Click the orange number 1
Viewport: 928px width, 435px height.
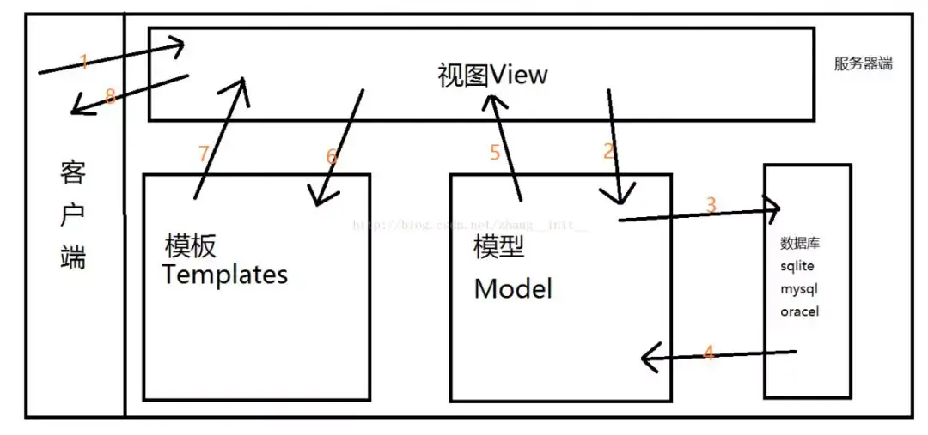(84, 61)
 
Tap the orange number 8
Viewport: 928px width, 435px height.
(110, 97)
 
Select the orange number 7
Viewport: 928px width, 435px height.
(204, 154)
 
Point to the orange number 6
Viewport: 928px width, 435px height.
(333, 157)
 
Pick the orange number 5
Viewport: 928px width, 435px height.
(495, 153)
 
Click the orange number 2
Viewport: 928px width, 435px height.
(609, 152)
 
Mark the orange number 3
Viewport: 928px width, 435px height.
(711, 205)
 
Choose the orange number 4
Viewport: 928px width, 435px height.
(709, 352)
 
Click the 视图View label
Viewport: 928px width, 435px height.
(492, 76)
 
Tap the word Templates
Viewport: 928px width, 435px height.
(225, 275)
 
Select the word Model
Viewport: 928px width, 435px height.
(513, 289)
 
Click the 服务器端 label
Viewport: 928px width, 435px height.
(863, 63)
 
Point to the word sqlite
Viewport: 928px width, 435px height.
(797, 266)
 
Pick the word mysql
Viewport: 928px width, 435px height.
(798, 289)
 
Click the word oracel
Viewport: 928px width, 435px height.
(799, 311)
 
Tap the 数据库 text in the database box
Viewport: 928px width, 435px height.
(800, 245)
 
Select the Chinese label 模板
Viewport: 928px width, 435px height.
(191, 247)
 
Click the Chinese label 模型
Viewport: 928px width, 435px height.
(499, 247)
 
